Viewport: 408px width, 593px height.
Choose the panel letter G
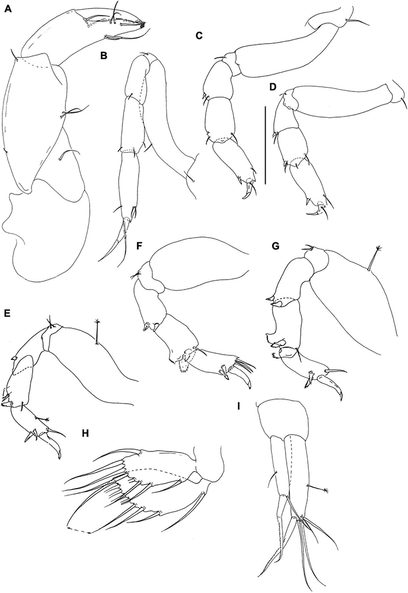point(275,246)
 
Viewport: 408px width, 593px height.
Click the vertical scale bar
point(266,145)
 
